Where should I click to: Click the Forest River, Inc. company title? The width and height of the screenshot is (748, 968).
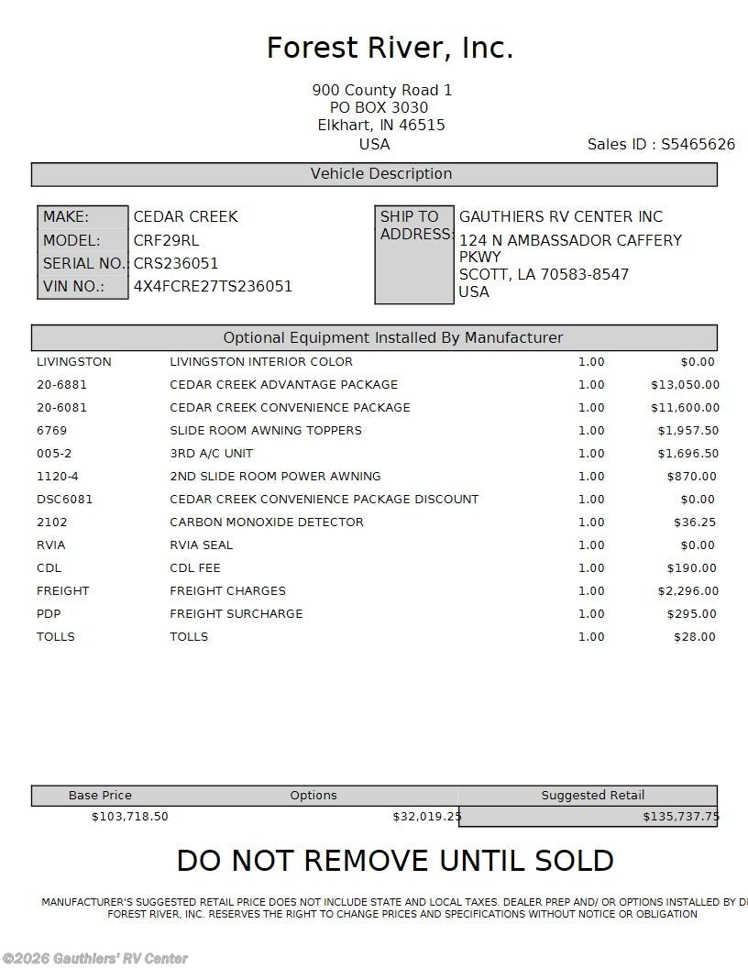coord(390,48)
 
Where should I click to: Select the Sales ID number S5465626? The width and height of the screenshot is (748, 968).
coord(698,145)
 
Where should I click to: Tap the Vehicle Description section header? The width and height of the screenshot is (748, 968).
coord(380,174)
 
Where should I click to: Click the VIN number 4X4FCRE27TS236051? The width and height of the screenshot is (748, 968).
coord(213,286)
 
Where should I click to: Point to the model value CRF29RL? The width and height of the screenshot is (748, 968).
coord(166,240)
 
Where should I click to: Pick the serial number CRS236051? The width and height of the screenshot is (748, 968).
coord(176,263)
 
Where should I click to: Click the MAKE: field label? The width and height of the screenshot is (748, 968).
coord(66,217)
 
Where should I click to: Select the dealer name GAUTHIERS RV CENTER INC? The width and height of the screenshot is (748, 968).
coord(560,217)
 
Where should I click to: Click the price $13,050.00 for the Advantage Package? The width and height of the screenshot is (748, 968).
coord(685,385)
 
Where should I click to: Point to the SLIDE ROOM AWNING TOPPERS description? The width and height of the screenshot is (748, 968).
coord(265,431)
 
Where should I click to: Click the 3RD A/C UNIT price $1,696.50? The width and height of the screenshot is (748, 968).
coord(687,454)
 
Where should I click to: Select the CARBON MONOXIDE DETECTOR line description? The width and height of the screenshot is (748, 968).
coord(266,522)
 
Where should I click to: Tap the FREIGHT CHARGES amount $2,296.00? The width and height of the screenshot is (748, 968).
coord(687,591)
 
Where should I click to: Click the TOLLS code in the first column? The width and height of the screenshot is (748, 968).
coord(56,637)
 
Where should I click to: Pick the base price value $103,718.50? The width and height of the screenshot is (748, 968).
coord(129,817)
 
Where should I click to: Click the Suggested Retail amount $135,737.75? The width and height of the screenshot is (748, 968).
coord(680,817)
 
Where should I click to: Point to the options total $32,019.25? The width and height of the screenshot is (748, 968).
coord(426,817)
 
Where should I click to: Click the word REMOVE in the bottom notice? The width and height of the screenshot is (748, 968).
coord(367,861)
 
